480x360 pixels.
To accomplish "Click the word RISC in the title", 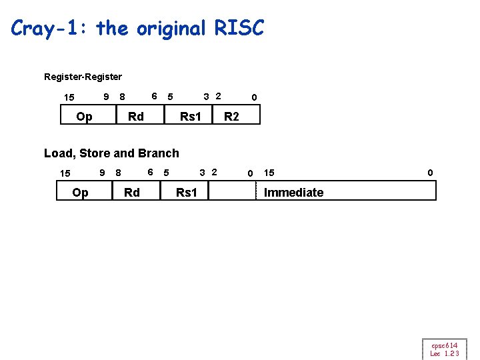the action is (x=239, y=29).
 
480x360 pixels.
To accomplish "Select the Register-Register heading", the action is (x=83, y=77).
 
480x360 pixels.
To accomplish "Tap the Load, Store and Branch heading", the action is (x=111, y=153).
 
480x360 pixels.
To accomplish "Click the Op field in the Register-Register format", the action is (x=84, y=117).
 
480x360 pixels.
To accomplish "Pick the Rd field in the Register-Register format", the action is (x=135, y=117).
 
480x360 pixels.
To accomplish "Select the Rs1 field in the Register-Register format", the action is (x=190, y=117).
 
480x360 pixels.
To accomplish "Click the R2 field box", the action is (x=231, y=117).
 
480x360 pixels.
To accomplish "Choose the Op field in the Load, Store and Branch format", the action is (x=80, y=193).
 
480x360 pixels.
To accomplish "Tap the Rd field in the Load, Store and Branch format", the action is (x=132, y=193).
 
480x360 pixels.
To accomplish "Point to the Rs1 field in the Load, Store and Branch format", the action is (x=186, y=193).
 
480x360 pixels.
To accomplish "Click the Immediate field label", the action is (x=293, y=193).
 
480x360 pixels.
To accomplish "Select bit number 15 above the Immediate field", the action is (x=269, y=173).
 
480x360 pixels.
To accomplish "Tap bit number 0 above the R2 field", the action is (x=253, y=98).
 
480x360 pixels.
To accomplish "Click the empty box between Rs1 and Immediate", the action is (x=232, y=192).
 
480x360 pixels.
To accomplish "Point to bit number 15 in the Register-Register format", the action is (x=69, y=98).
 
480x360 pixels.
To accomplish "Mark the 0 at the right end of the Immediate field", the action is (x=430, y=173).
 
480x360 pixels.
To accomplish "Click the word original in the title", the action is (x=172, y=29).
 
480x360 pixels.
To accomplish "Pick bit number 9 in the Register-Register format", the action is (x=106, y=97).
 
